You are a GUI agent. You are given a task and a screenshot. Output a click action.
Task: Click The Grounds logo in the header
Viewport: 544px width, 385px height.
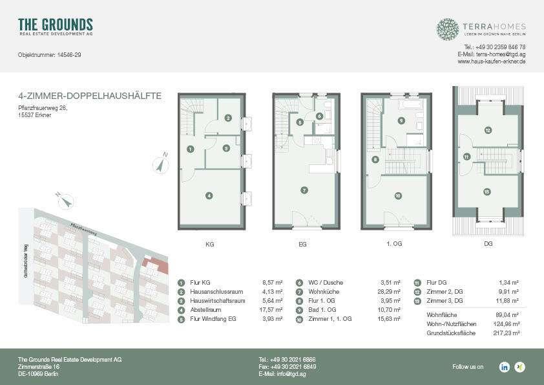click(56, 26)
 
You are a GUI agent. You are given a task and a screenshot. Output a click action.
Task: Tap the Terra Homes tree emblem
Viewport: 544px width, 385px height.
click(447, 29)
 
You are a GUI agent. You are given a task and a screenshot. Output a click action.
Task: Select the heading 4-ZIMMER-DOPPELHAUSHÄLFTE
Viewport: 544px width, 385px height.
click(90, 96)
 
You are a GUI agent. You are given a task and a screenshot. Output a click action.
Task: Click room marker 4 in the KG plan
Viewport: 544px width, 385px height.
click(209, 195)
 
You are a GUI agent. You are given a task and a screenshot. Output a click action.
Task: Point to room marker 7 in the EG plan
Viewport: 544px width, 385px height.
click(304, 190)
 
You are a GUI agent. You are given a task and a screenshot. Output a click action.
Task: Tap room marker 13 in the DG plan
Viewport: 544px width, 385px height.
click(486, 192)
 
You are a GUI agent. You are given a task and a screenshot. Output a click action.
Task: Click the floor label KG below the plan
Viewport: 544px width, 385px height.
click(209, 245)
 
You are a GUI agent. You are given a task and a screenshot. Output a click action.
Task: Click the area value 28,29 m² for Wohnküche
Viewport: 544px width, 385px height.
click(390, 292)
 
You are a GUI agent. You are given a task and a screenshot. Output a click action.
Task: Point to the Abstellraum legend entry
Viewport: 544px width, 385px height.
click(205, 309)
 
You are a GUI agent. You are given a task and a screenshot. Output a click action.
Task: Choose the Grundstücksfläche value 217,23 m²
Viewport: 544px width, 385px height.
click(506, 333)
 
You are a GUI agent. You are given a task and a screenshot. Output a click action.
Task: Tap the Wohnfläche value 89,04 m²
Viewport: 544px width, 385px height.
click(508, 314)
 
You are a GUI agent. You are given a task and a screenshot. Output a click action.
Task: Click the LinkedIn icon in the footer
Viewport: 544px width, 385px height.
click(504, 367)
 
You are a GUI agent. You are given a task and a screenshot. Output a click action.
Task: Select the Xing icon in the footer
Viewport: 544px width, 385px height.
click(519, 367)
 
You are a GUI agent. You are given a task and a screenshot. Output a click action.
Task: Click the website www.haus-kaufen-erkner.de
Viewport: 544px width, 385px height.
click(491, 61)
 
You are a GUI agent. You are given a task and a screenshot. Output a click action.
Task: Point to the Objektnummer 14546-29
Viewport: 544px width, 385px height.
click(49, 55)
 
